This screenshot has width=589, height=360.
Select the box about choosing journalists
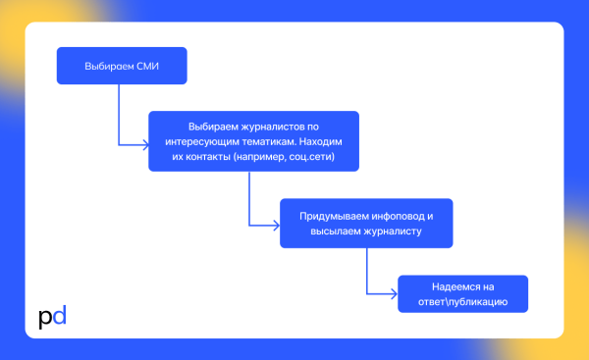coord(253,141)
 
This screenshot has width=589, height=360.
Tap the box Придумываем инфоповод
coord(365,223)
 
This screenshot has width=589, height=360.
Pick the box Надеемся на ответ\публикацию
coord(463,293)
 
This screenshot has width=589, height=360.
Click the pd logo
coord(52,318)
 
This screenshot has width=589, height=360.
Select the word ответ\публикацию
coord(463,301)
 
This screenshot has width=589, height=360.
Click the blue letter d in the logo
coord(59,317)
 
